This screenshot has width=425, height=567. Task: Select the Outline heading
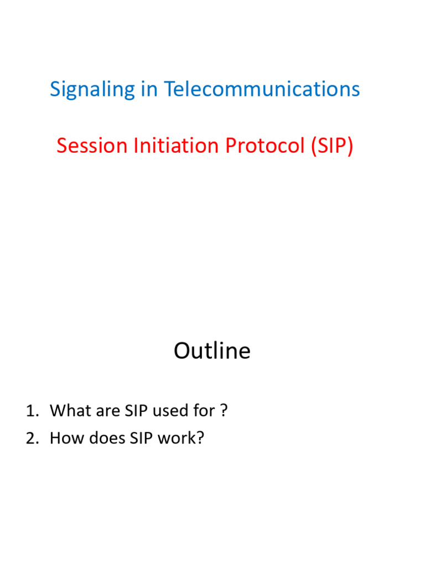pyautogui.click(x=212, y=351)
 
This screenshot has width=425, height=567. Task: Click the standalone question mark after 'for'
pyautogui.click(x=224, y=411)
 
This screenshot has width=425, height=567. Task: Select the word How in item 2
pyautogui.click(x=64, y=438)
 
